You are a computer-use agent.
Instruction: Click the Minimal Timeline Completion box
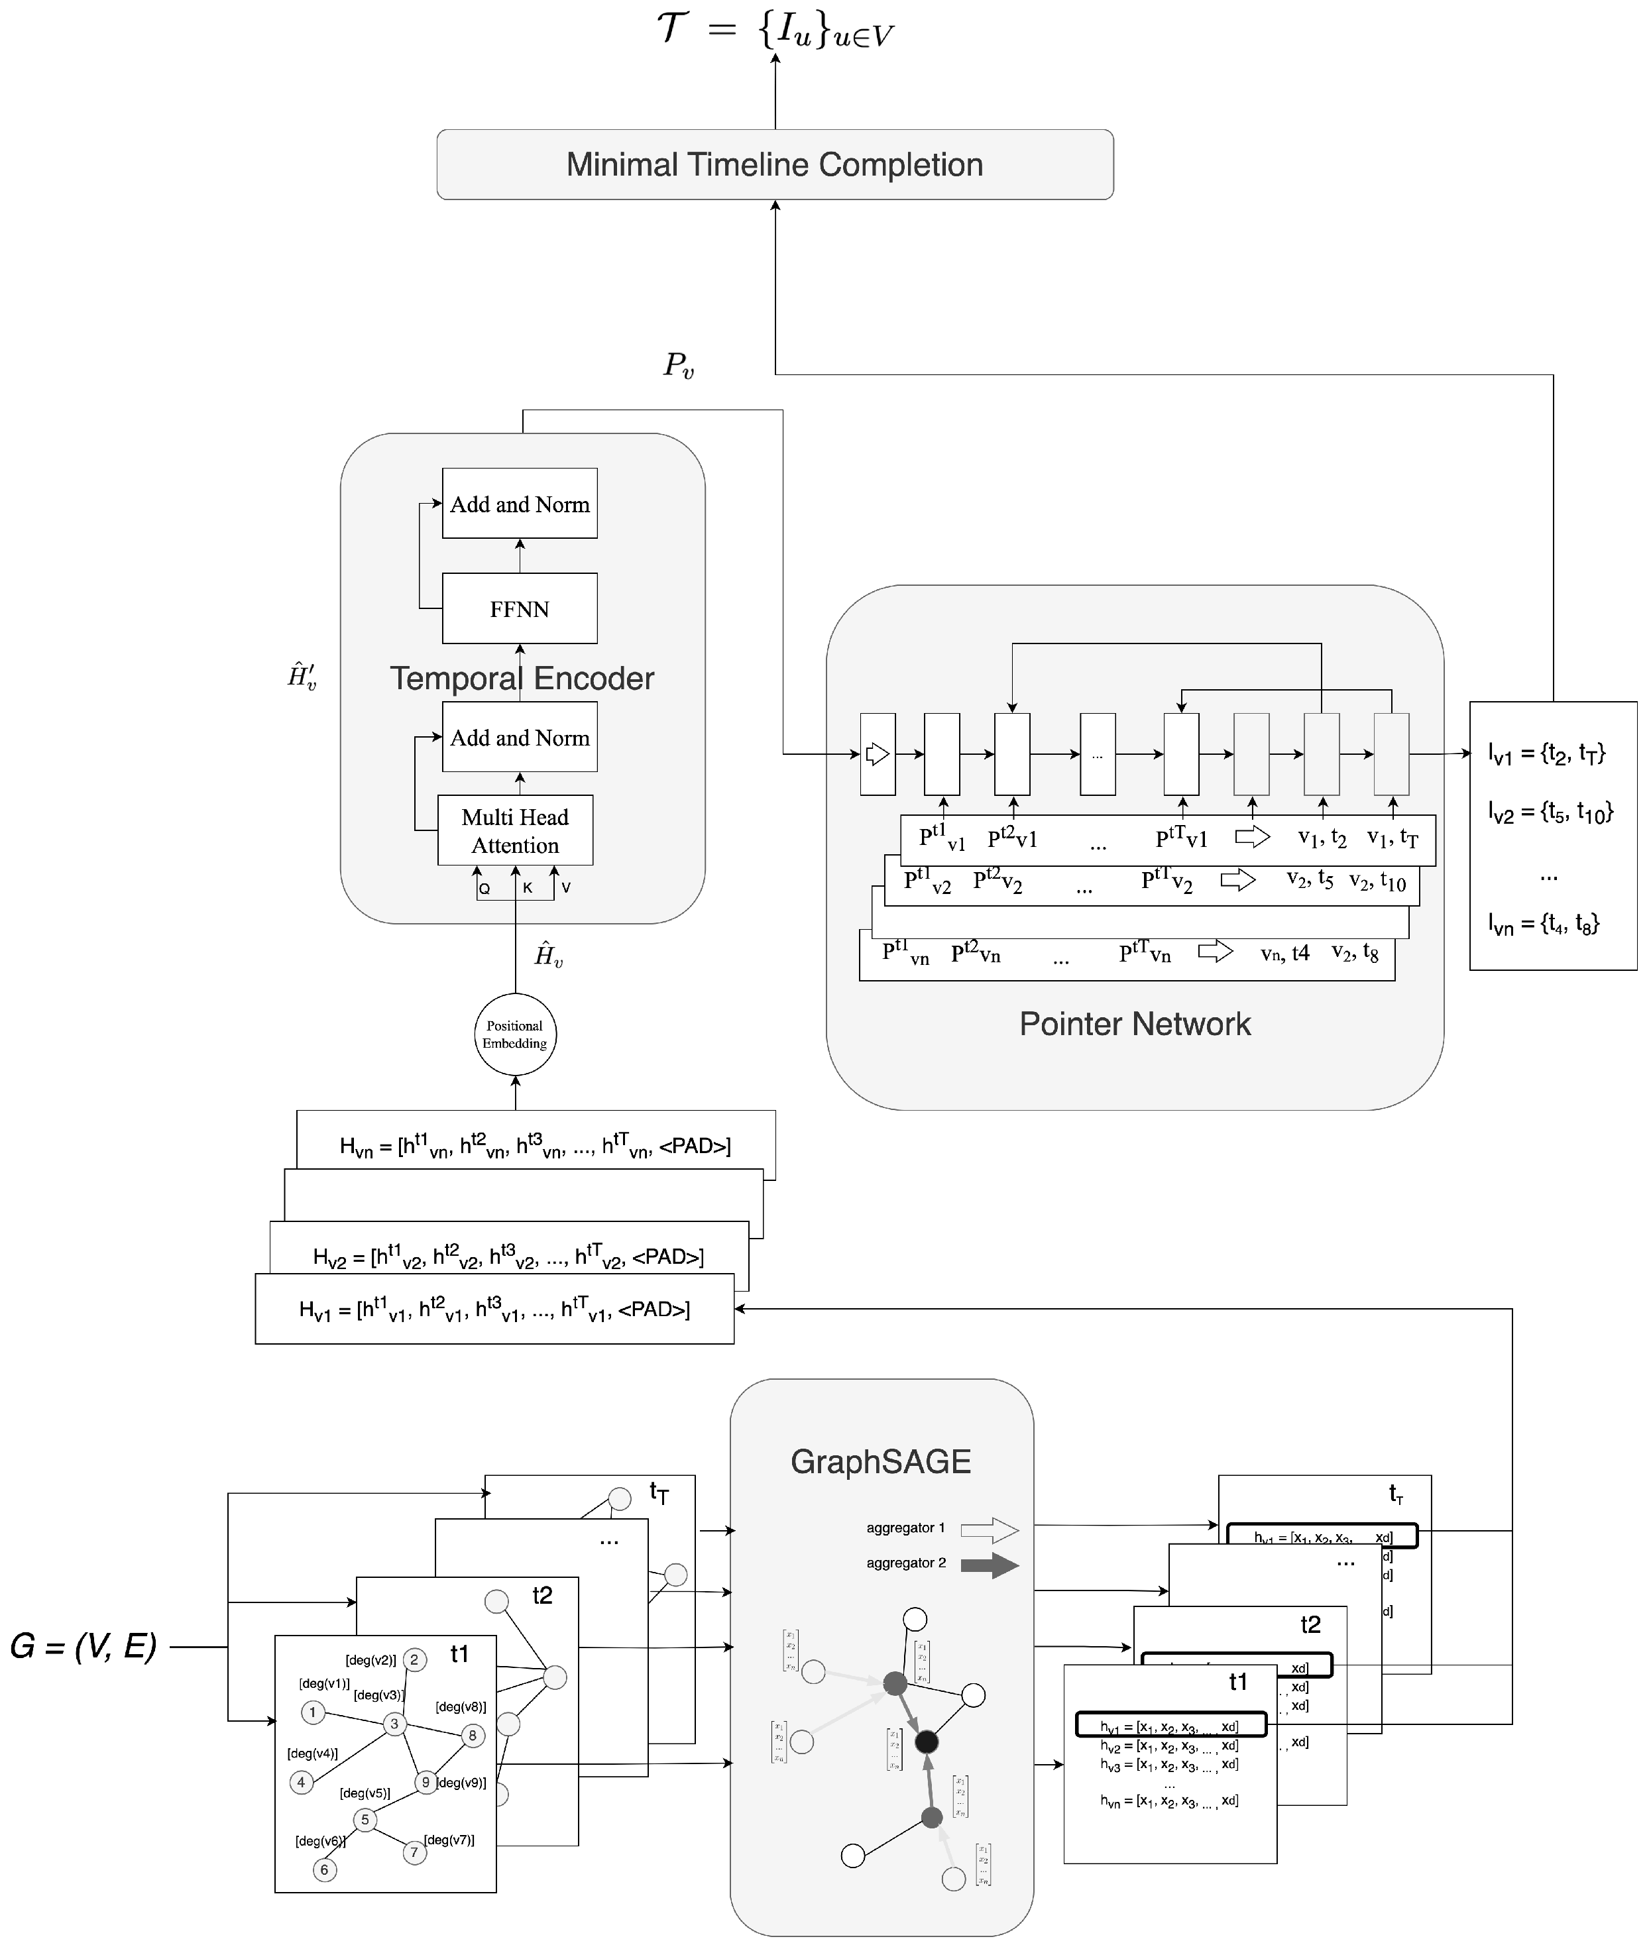tap(774, 165)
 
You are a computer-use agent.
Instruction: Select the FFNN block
tap(520, 608)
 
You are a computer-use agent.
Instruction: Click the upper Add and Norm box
tap(520, 504)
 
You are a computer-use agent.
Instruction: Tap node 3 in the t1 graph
tap(394, 1724)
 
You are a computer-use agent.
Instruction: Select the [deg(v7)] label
tap(449, 1840)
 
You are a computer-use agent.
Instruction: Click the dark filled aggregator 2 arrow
tap(990, 1565)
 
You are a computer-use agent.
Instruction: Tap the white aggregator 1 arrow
tap(990, 1530)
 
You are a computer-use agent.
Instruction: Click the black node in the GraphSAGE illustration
tap(926, 1742)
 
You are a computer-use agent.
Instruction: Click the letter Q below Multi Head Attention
tap(484, 889)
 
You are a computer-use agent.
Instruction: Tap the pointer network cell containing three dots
tap(1097, 754)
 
